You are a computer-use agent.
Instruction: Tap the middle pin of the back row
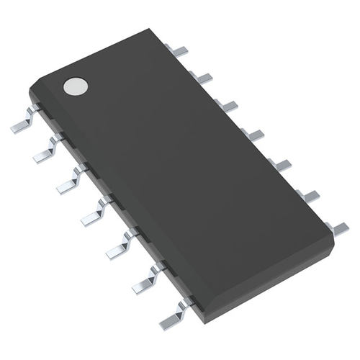tap(253, 134)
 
